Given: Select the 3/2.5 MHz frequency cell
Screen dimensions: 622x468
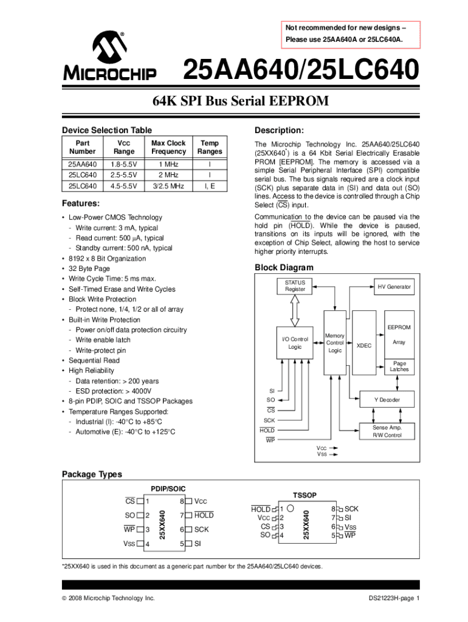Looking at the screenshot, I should [168, 186].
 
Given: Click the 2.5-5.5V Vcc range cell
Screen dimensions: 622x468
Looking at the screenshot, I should [125, 175].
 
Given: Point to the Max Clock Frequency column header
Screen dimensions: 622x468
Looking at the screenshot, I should [168, 148].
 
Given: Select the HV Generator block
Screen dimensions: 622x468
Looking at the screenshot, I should [394, 287].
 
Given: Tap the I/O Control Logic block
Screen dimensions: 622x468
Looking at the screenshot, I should [295, 343].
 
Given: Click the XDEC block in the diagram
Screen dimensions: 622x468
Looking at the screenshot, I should [364, 346].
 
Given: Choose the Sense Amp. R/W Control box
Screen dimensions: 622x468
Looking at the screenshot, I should [387, 431].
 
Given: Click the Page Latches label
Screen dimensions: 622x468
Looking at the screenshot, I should [399, 366].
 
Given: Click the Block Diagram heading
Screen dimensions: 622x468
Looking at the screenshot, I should [284, 268].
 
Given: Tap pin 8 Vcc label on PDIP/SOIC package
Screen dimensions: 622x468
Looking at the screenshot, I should [201, 502].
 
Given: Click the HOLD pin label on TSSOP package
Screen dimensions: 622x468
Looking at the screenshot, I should [261, 508].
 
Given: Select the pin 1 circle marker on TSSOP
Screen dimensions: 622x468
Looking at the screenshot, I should [291, 508].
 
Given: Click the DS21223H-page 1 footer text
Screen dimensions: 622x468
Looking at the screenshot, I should [394, 598].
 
